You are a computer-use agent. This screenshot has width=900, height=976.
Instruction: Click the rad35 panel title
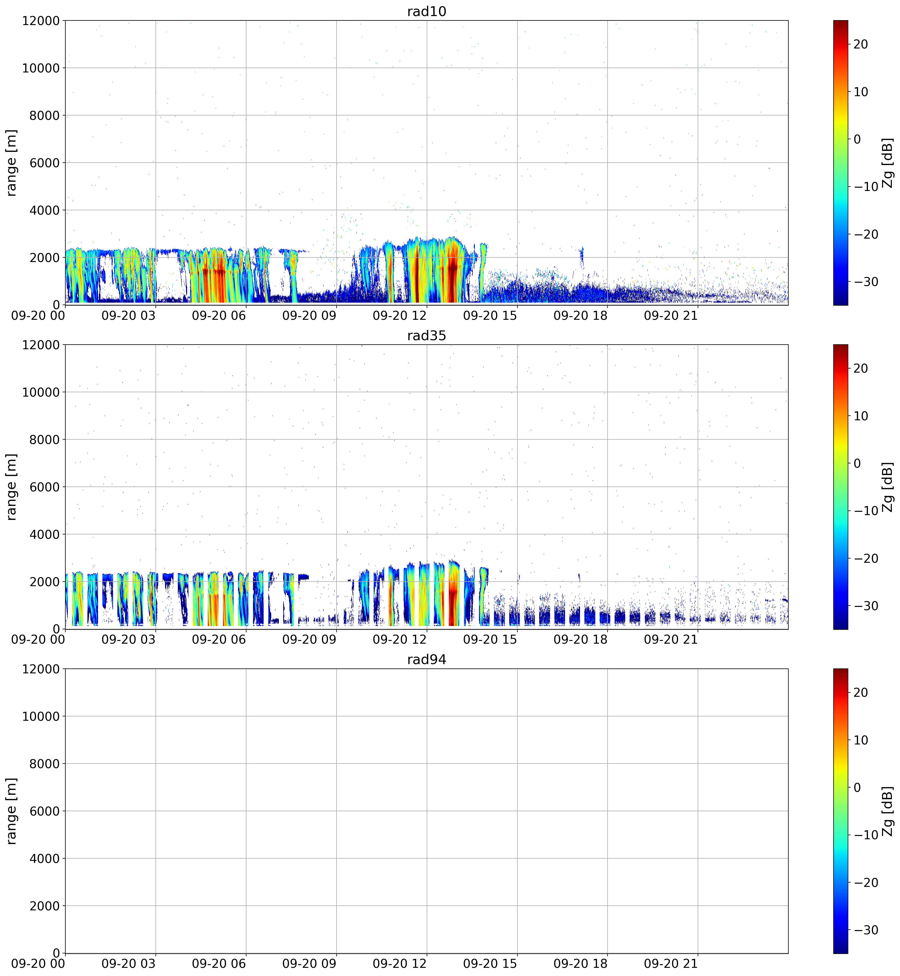427,336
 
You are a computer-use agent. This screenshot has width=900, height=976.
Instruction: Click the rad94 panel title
427,660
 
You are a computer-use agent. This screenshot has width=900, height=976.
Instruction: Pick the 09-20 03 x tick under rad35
129,640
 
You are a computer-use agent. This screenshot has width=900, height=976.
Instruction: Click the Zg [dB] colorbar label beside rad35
888,487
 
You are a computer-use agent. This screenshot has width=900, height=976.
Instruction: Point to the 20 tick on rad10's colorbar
861,44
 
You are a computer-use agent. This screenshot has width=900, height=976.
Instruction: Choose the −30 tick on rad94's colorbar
864,930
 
